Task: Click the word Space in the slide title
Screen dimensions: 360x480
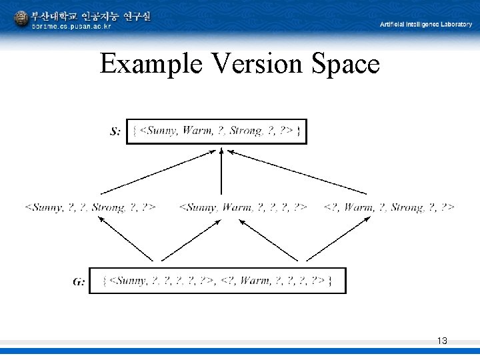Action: point(346,65)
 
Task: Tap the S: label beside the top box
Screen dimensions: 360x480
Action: point(115,132)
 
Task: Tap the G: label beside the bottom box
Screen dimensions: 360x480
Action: point(79,281)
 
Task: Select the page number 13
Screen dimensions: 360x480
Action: point(442,341)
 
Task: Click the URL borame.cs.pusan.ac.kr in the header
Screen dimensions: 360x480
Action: point(71,27)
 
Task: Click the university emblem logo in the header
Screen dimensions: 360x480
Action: point(21,19)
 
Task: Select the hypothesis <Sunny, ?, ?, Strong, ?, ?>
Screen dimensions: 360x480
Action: point(90,207)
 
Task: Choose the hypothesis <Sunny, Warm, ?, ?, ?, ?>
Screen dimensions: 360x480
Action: point(243,207)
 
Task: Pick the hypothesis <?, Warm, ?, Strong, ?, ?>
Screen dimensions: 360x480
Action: point(389,207)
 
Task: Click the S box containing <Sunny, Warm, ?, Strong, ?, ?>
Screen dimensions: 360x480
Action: point(217,131)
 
